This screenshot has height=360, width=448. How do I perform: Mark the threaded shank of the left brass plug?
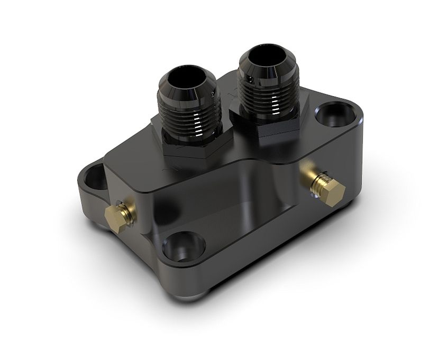(126, 209)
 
